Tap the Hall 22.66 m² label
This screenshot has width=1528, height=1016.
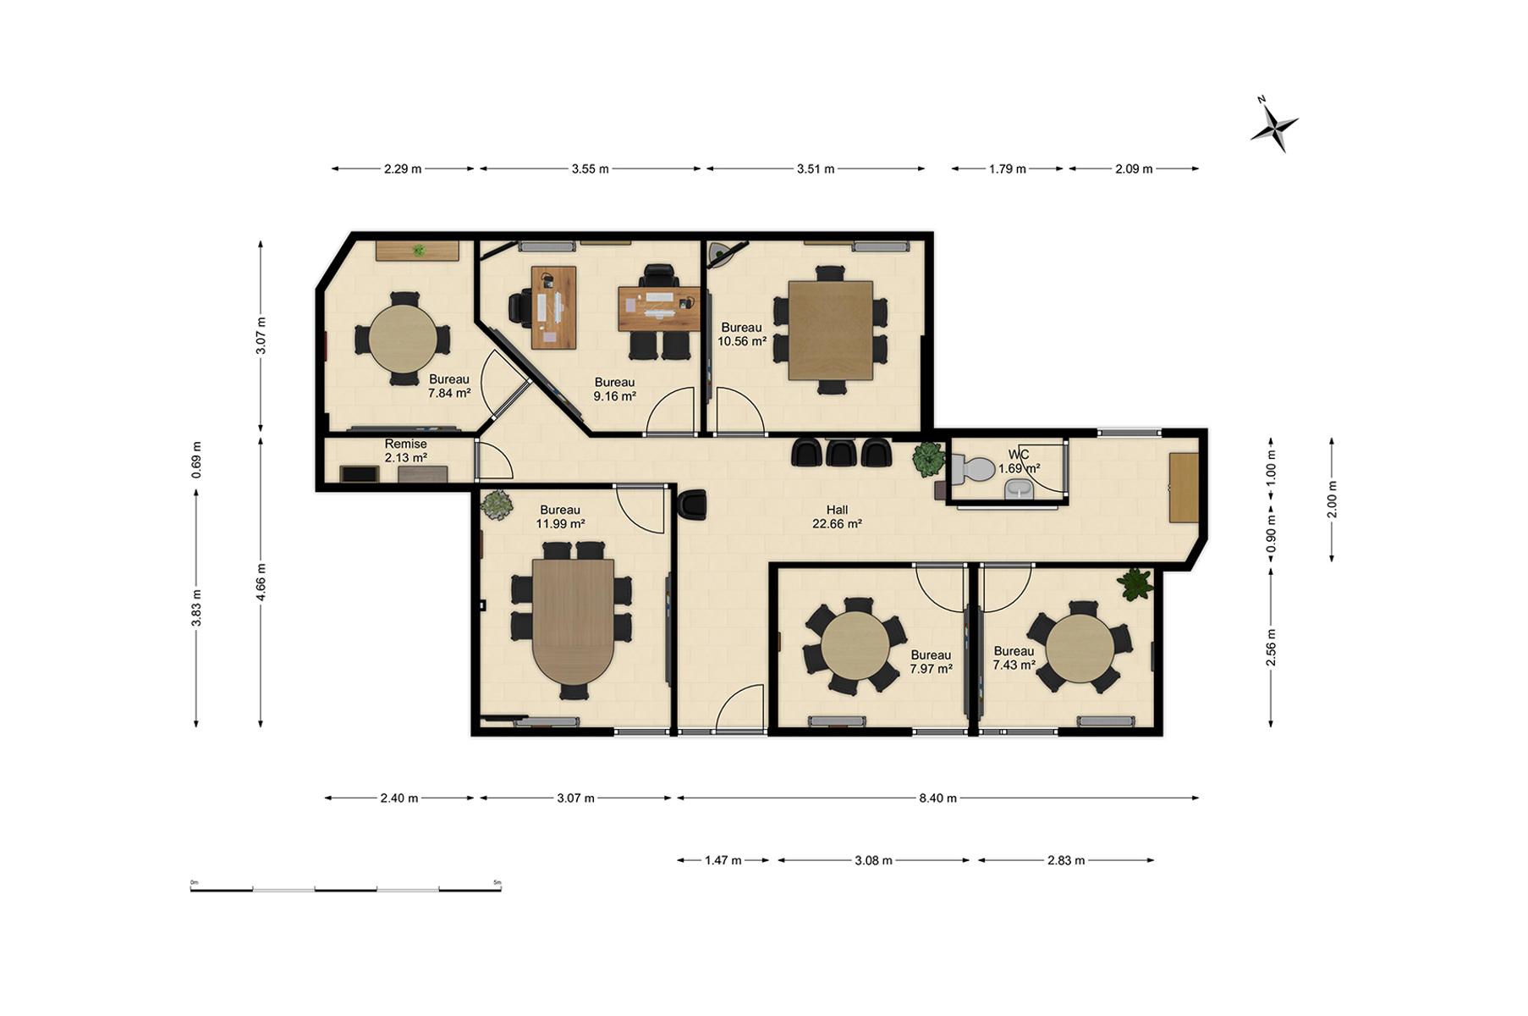point(837,516)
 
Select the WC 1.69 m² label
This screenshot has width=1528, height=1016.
point(1019,461)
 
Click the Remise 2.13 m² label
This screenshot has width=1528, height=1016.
point(406,450)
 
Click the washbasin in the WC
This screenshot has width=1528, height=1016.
point(1018,489)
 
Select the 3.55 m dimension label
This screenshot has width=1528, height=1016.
point(590,168)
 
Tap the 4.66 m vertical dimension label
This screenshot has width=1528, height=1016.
point(261,582)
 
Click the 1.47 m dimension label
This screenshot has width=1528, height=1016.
point(723,860)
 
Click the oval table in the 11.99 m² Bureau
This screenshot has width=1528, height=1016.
point(574,621)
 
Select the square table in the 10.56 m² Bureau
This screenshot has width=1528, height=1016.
point(830,330)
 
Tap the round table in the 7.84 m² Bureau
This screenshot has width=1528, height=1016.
point(403,340)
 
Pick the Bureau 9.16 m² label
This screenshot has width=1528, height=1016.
point(614,389)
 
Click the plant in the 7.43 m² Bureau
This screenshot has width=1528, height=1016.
point(1135,583)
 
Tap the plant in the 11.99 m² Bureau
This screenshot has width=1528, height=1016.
point(497,505)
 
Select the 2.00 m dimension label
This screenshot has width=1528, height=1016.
point(1332,499)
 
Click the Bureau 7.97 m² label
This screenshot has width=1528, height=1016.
point(931,661)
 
